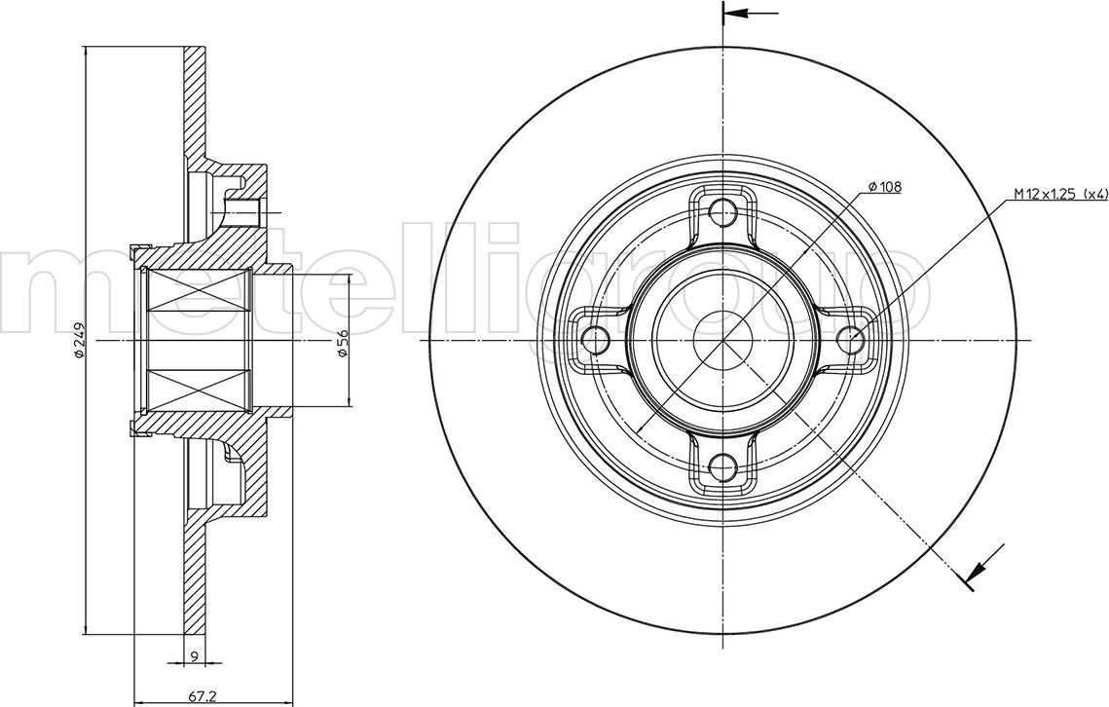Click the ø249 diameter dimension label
point(79,340)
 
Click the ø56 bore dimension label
point(343,343)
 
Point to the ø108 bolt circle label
point(884,187)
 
